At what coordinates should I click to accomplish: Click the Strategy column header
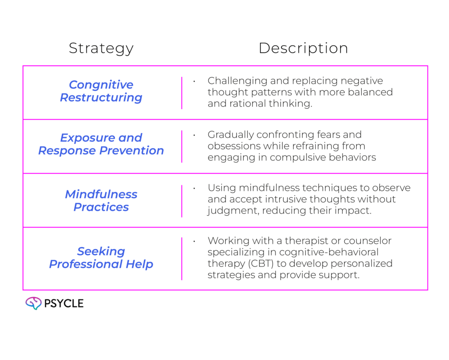(101, 49)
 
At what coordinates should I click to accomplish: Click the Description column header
(303, 49)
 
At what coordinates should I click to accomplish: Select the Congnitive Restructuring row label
(101, 91)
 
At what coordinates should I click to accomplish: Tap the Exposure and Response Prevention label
(101, 144)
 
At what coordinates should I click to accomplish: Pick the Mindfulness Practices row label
(101, 200)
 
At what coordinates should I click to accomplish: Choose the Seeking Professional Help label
(101, 258)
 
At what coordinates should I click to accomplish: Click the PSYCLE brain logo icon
(33, 303)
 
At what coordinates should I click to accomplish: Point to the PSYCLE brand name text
(64, 303)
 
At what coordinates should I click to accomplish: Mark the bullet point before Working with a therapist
(193, 241)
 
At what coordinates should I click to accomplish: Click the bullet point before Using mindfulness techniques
(193, 188)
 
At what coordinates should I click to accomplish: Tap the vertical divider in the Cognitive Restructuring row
(182, 93)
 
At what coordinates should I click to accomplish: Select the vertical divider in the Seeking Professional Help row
(182, 258)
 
